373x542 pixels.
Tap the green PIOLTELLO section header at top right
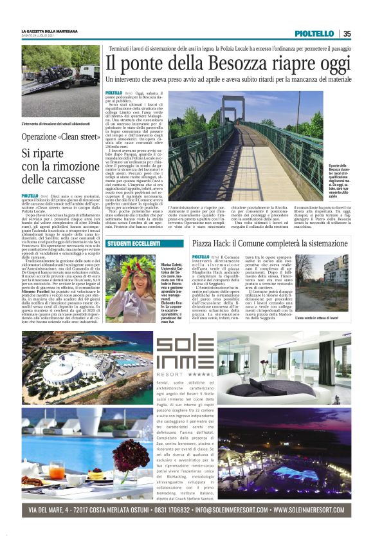tap(314, 33)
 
